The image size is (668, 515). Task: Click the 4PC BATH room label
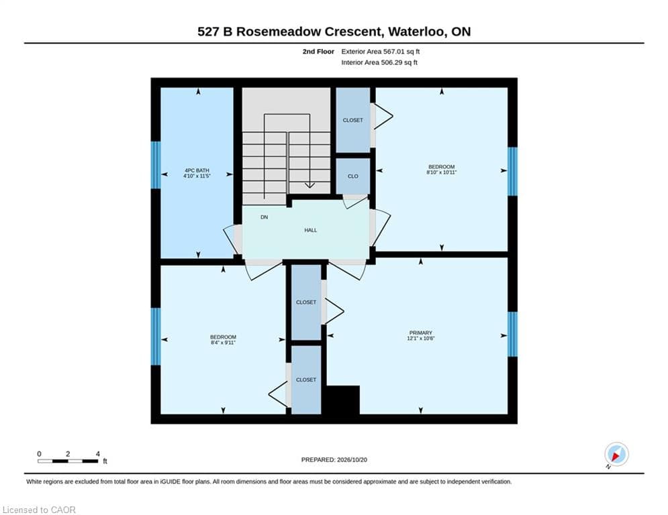coord(197,170)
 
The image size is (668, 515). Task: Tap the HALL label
coord(311,230)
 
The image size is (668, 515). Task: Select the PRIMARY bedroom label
coord(420,333)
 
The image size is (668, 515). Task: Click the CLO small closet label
coord(352,176)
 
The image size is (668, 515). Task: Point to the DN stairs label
coord(264,217)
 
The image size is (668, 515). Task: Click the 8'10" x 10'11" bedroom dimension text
coord(441,172)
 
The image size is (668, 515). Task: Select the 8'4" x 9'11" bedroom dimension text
coord(223,342)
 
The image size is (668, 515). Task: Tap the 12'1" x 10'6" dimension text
coord(420,339)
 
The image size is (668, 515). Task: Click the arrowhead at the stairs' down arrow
coord(309,186)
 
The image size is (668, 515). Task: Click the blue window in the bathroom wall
coord(156,165)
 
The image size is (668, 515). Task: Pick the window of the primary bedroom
coord(512,334)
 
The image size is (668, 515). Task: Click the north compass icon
coord(616,455)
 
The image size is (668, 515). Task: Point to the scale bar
coord(68,461)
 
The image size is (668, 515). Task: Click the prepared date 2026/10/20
coord(352,459)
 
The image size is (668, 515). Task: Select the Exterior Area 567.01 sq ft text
coord(381,52)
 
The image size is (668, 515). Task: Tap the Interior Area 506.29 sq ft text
coord(379,62)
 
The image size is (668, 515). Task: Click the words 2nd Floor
coord(318,52)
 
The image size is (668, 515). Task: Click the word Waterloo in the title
coord(414,32)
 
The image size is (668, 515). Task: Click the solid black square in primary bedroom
coord(343,400)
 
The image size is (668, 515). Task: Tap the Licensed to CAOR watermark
coord(39,510)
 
